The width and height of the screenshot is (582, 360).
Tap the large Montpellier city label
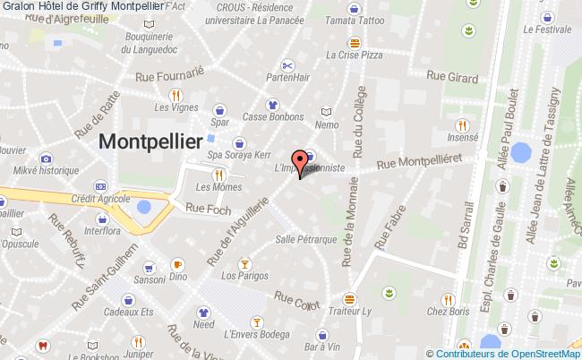(x=150, y=141)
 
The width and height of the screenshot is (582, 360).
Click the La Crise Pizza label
(x=355, y=56)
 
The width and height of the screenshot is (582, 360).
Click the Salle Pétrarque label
(x=305, y=240)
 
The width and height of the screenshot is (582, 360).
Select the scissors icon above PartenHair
(x=287, y=64)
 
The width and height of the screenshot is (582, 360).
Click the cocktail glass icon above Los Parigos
(x=244, y=263)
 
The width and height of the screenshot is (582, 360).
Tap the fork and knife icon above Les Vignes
(x=176, y=94)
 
